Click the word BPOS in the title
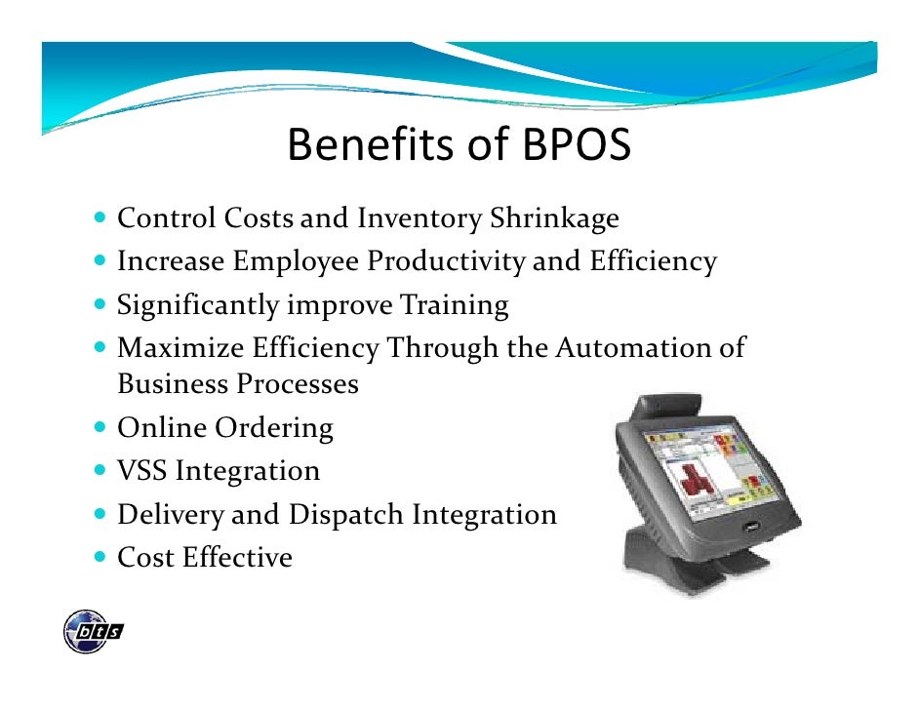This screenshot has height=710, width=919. (x=577, y=146)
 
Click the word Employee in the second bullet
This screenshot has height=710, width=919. (x=297, y=261)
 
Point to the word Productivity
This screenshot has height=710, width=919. (x=445, y=261)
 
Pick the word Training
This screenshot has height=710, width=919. (x=454, y=305)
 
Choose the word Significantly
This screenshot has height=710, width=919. (x=198, y=305)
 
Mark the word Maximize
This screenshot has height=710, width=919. (x=180, y=348)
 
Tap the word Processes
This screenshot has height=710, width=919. (x=298, y=384)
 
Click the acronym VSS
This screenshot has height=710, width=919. (x=142, y=471)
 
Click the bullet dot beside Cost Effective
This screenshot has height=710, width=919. (x=102, y=557)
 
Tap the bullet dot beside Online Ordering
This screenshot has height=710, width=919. (x=102, y=426)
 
